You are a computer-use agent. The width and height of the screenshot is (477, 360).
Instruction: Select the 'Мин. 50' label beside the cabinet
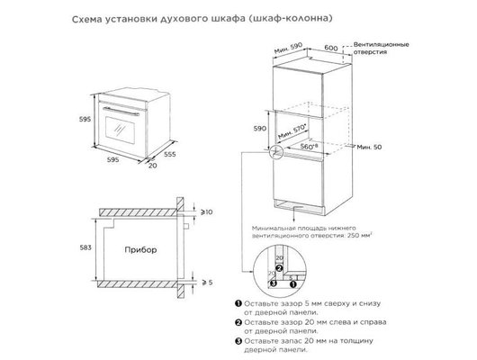[x=369, y=146]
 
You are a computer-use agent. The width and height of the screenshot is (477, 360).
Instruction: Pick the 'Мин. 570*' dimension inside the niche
[x=293, y=131]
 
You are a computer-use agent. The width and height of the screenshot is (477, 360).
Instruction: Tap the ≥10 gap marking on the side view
[x=205, y=212]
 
